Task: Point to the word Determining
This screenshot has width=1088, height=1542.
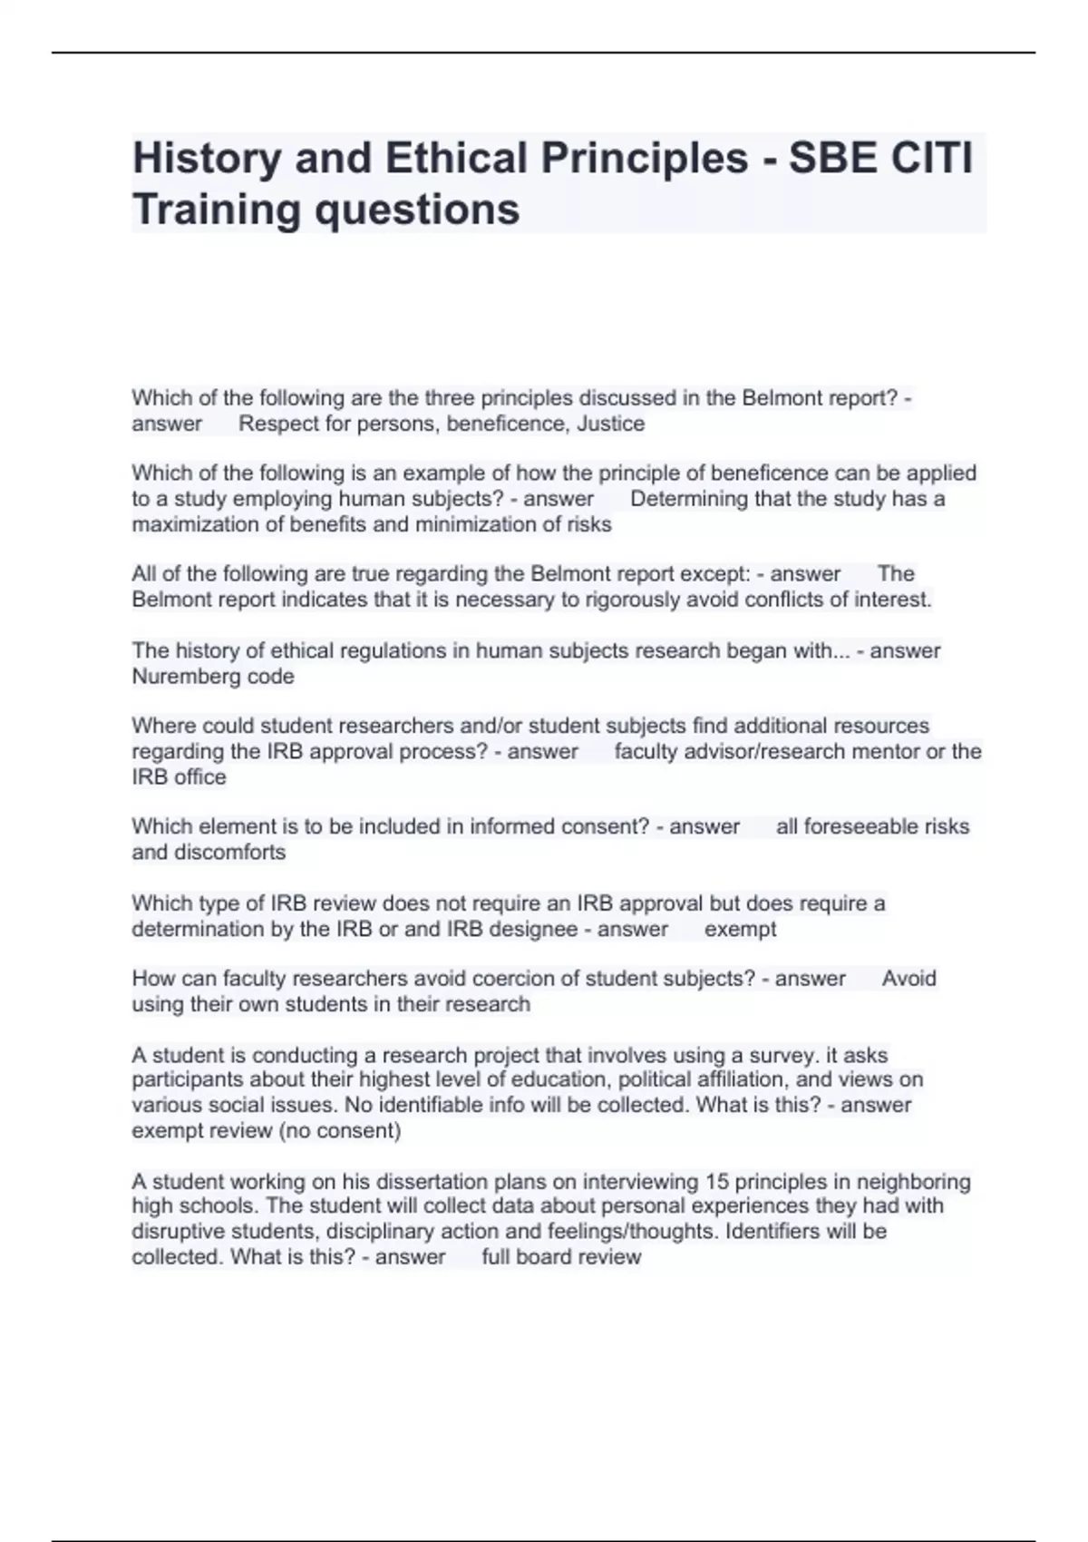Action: [687, 499]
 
